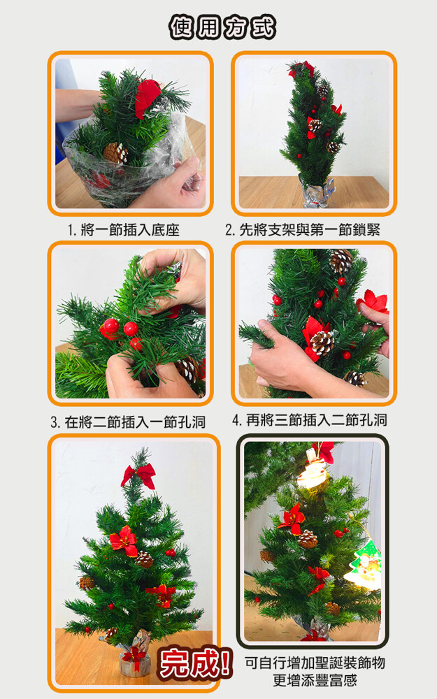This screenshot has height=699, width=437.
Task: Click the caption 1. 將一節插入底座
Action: coord(124,230)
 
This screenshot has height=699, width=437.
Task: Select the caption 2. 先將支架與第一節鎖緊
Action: coord(303,229)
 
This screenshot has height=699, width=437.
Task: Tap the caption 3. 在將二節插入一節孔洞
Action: coord(128,421)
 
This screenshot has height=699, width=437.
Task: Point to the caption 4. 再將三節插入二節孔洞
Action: coord(310,420)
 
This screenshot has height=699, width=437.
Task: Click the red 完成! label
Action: coord(195,663)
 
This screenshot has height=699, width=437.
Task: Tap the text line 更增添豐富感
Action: coord(315,680)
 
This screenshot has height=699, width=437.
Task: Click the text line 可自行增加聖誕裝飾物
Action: coord(315,663)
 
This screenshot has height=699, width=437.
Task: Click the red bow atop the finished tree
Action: coord(138,475)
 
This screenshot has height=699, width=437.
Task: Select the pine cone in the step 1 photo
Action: coord(115,152)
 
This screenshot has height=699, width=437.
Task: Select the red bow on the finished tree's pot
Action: coord(134,656)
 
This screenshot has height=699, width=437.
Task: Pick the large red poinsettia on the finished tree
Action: coord(124,541)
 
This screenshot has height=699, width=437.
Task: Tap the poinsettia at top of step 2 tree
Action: coord(301,69)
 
